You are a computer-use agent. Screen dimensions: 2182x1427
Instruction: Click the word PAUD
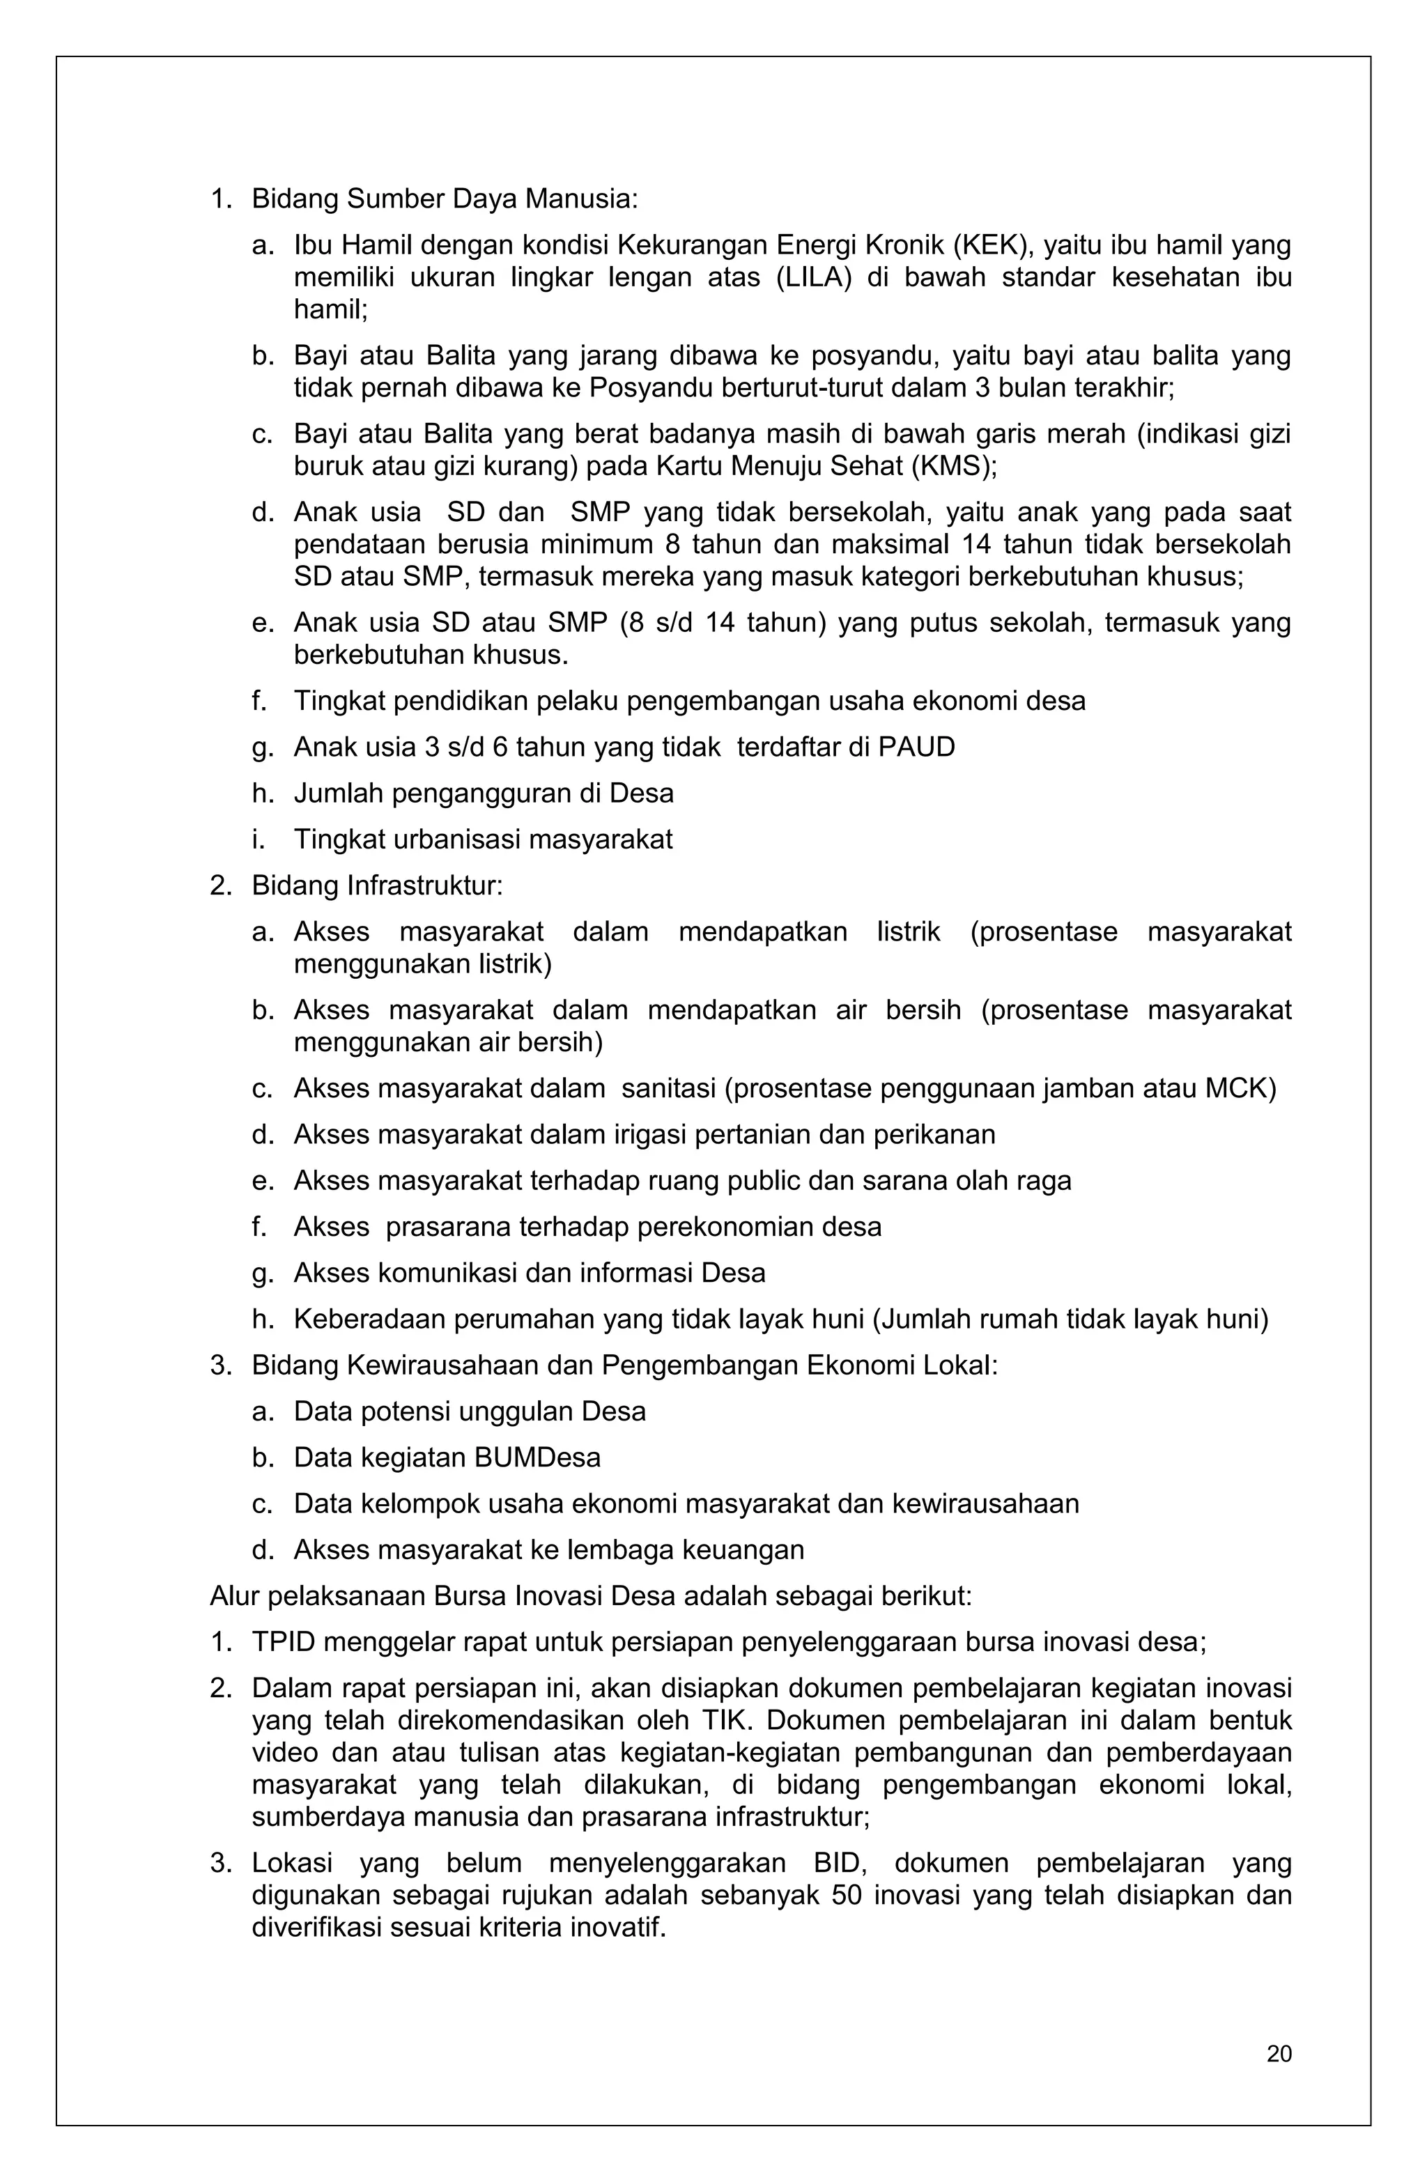coord(916,748)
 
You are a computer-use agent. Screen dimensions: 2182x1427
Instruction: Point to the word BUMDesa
coord(525,1457)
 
